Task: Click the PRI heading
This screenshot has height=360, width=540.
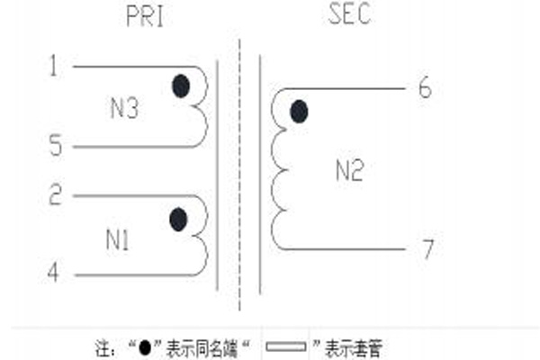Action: point(145,16)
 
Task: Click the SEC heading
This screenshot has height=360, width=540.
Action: point(349,13)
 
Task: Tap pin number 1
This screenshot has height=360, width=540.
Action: point(53,66)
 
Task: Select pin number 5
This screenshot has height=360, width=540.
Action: point(56,145)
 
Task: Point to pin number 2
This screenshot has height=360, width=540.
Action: point(56,194)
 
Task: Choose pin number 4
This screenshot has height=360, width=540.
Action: point(53,272)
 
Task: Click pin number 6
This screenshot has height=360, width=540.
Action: point(425,87)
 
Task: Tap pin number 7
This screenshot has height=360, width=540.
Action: point(427,248)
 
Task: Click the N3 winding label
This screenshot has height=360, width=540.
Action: point(124,108)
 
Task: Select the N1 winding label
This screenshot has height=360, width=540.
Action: point(117,239)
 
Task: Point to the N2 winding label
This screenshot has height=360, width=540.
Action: point(349,170)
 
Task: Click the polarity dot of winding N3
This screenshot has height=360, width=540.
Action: point(181,85)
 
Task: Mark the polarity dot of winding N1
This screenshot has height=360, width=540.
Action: point(179,220)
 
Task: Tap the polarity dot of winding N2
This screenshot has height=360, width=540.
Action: point(299,112)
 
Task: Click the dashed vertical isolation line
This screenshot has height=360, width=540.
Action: point(239,175)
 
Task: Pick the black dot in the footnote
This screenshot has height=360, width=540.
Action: point(145,347)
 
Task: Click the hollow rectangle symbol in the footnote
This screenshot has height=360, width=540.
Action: point(286,346)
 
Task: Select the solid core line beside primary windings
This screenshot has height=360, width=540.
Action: point(217,175)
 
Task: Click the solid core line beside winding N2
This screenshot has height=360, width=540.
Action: point(260,175)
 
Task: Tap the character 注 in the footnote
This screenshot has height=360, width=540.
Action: point(103,348)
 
